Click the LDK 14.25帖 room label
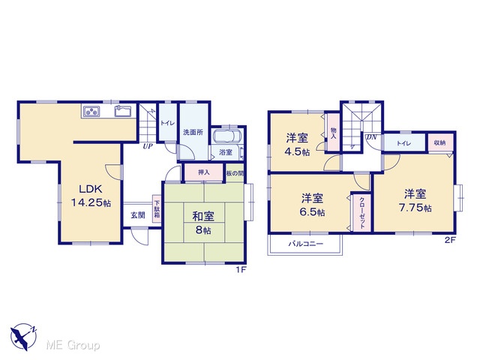click(91, 196)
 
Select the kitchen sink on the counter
click(123, 111)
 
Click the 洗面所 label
click(193, 132)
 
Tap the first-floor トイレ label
click(167, 123)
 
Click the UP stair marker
click(148, 146)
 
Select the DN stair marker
click(371, 137)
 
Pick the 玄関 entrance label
click(138, 215)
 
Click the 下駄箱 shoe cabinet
click(157, 209)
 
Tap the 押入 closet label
click(203, 172)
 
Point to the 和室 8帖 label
click(203, 223)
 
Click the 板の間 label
click(235, 173)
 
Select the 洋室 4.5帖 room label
click(298, 145)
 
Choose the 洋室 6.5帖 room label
click(313, 205)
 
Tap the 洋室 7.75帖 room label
click(415, 201)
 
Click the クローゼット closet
click(361, 213)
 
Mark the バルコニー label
click(306, 244)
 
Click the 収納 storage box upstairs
click(440, 142)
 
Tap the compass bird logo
click(23, 337)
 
